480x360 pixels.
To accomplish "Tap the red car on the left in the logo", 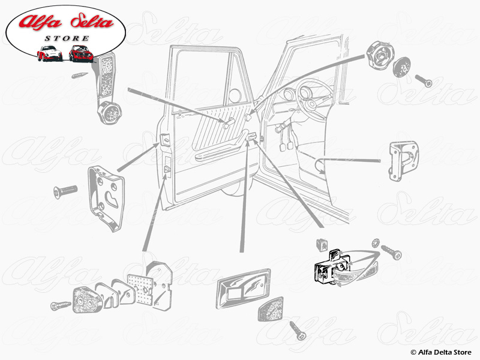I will point(49,53).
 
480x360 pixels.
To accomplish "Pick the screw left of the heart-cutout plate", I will point(66,190).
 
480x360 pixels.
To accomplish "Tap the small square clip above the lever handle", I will point(322,245).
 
